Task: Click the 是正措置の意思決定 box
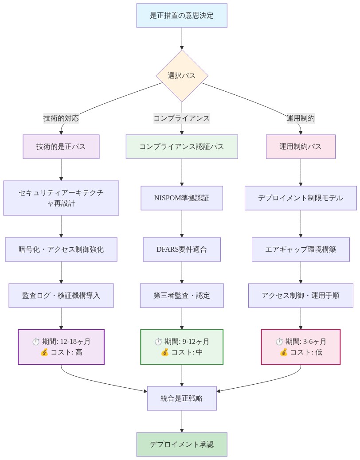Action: coord(182,16)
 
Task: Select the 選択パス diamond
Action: coord(182,75)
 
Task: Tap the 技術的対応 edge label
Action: coord(61,118)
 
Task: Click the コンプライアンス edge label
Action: coord(182,118)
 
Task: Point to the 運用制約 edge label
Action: coord(301,118)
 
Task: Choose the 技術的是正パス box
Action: coord(61,147)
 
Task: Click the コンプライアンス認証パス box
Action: coord(182,147)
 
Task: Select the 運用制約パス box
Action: coord(301,147)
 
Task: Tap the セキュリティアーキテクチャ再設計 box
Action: coord(61,198)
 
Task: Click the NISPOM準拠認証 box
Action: coord(182,198)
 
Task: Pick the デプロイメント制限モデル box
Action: coord(301,198)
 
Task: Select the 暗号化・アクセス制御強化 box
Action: coord(61,249)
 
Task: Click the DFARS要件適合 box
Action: coord(182,249)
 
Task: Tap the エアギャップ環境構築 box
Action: coord(301,249)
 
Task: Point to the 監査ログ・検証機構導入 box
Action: coord(61,296)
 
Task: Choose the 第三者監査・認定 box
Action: coord(182,296)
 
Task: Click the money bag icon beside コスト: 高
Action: coord(44,353)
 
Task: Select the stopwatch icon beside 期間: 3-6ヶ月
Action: coord(279,342)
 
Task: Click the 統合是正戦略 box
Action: coord(182,398)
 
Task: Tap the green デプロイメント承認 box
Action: coord(182,444)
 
